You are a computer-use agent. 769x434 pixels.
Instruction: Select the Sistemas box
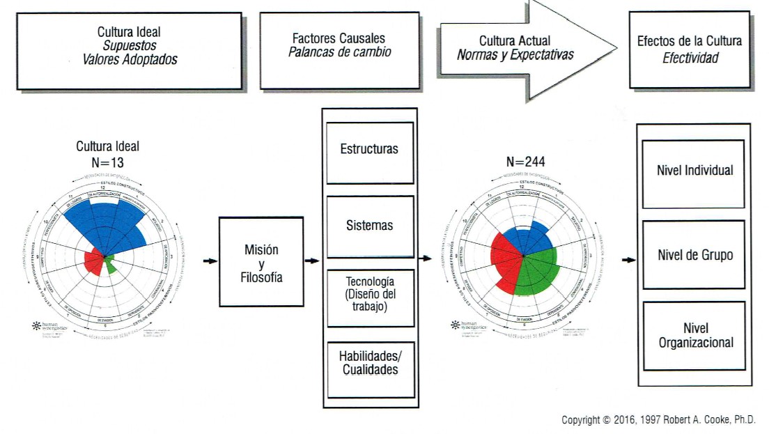click(x=370, y=226)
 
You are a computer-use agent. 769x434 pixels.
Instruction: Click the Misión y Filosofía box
click(x=261, y=261)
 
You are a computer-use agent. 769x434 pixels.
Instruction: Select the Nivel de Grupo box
click(x=694, y=255)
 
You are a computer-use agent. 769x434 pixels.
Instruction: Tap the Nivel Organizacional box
click(x=694, y=335)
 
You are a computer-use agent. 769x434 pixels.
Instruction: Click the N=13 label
click(x=107, y=162)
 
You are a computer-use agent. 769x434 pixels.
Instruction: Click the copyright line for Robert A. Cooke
click(x=658, y=420)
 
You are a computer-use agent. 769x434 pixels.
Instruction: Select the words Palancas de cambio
click(x=339, y=53)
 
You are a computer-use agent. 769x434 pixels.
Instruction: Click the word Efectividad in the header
click(x=690, y=58)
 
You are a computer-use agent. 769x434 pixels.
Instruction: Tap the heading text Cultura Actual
click(x=514, y=41)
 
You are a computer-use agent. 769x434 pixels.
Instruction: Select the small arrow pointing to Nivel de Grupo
click(x=628, y=260)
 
